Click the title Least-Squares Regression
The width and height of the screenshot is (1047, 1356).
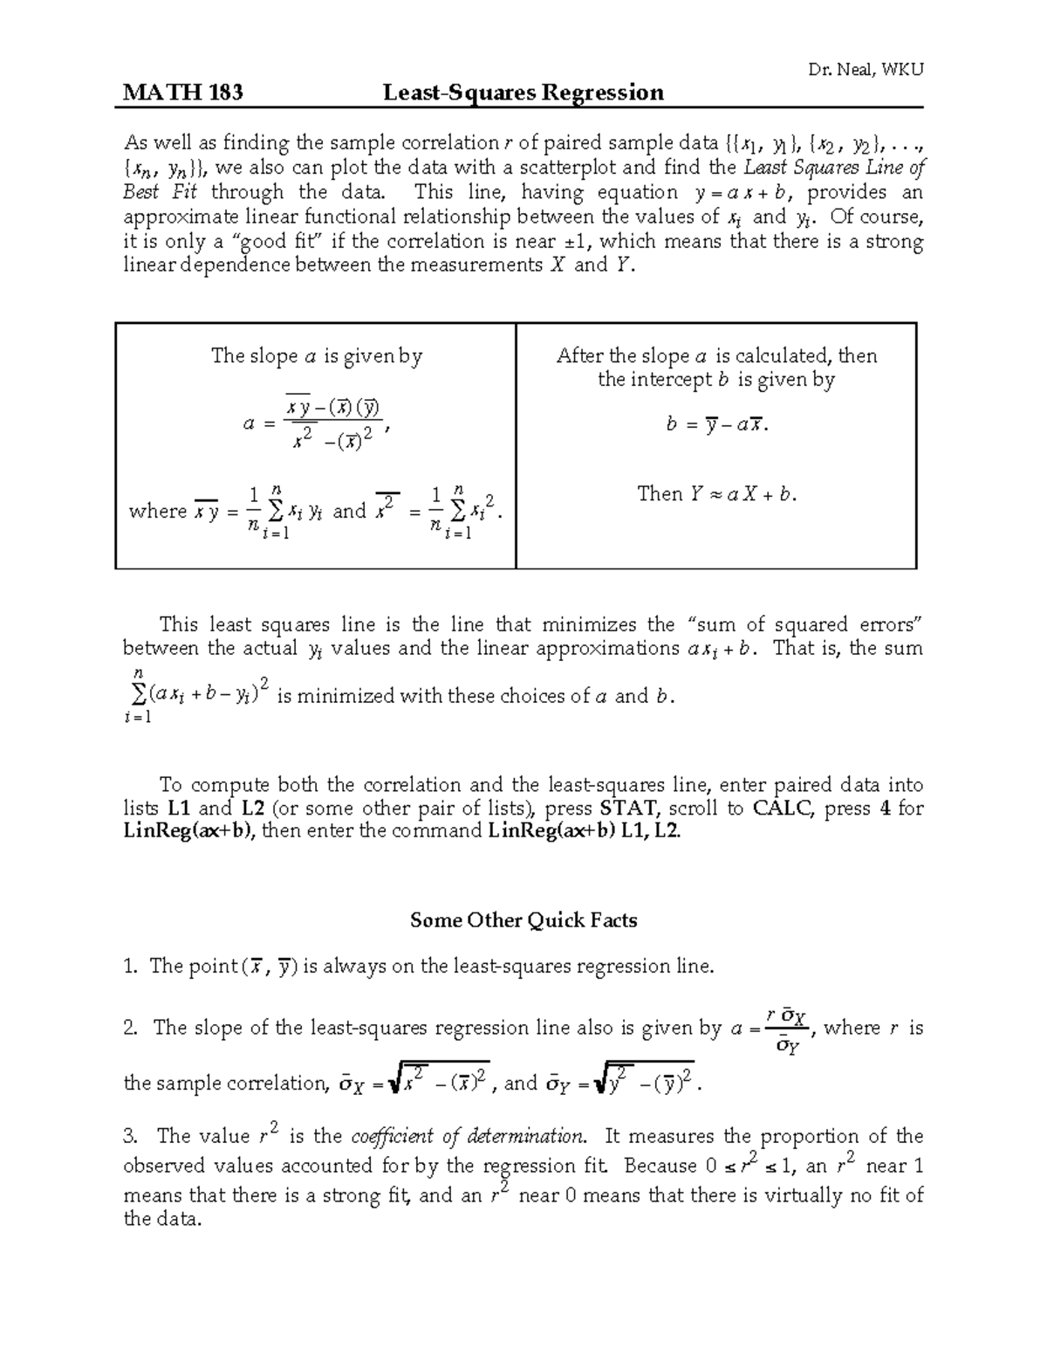point(523,93)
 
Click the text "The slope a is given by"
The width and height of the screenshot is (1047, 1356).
point(316,356)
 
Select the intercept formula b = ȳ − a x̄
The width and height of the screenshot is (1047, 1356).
point(715,425)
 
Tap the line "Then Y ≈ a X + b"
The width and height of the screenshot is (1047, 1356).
point(716,494)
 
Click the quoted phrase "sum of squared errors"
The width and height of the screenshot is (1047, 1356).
point(804,625)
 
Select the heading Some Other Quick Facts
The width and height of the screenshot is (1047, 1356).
point(523,920)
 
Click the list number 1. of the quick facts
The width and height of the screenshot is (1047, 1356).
point(131,967)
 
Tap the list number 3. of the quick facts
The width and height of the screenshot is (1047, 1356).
point(132,1137)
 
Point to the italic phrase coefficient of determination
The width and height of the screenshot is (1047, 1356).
point(467,1137)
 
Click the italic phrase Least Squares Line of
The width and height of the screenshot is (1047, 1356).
point(833,168)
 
